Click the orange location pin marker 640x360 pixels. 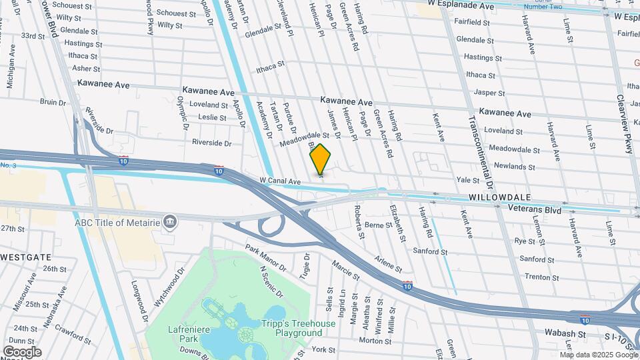[x=320, y=159]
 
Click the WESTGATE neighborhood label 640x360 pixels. [x=26, y=257]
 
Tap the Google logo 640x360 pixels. [x=22, y=351]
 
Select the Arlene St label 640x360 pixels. [x=387, y=264]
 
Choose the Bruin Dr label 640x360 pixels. [x=51, y=102]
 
